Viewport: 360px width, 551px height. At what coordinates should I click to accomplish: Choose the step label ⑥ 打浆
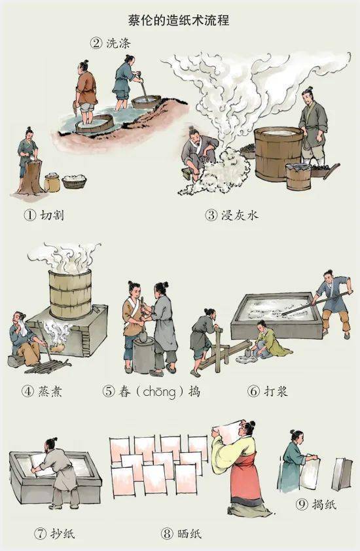pos(268,391)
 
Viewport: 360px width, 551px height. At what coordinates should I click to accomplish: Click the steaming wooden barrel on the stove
pos(70,294)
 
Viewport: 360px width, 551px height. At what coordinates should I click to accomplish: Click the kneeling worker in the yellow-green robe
pos(266,341)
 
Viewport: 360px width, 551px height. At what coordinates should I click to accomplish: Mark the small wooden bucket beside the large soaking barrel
pos(298,177)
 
